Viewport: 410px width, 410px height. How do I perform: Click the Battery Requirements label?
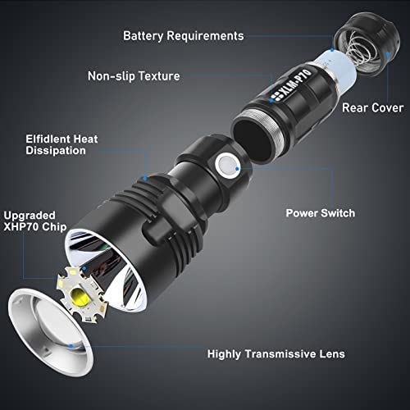(183, 36)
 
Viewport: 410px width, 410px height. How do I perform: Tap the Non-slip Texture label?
(134, 76)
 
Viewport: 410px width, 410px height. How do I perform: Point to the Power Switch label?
(320, 213)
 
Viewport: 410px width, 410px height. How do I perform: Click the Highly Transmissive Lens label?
(276, 354)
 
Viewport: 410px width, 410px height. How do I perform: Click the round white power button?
(225, 167)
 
